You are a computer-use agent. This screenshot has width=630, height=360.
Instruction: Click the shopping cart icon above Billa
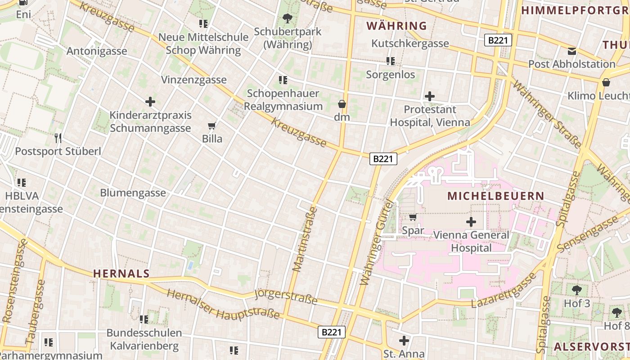(x=212, y=126)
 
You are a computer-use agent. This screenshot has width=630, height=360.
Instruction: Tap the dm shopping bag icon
(x=342, y=104)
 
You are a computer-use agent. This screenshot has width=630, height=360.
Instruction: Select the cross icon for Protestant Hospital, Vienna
(x=430, y=96)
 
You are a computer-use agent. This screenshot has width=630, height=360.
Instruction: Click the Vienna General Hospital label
(x=471, y=241)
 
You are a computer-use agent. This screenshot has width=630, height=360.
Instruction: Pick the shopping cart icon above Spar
(x=413, y=217)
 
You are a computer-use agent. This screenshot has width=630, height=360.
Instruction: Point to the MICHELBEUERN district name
(x=496, y=196)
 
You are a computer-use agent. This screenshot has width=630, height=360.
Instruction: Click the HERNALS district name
(x=121, y=273)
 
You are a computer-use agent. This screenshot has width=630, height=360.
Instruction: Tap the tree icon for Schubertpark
(x=287, y=18)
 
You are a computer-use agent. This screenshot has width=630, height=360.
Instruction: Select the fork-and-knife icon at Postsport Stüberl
(x=58, y=138)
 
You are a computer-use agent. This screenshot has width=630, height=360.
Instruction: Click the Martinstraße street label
(x=305, y=239)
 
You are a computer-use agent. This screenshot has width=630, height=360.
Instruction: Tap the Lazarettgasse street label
(x=504, y=290)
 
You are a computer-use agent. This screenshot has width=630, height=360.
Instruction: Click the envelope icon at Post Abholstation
(x=571, y=51)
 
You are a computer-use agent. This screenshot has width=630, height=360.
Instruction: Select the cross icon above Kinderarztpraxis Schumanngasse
(x=150, y=102)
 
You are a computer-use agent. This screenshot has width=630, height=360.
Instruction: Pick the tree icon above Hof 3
(x=577, y=290)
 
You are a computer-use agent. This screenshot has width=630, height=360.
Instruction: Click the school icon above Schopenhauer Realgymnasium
(x=283, y=80)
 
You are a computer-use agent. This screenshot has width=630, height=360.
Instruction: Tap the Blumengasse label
(x=133, y=193)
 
